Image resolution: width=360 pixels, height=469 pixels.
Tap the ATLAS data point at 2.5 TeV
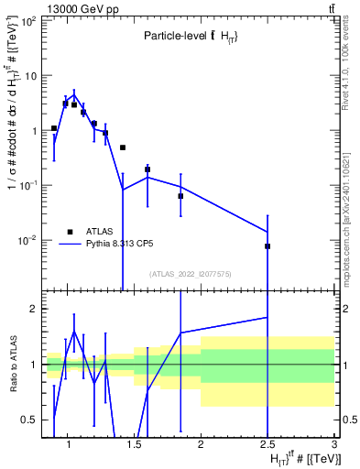pos(267,246)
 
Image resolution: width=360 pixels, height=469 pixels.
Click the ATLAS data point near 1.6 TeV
pos(147,169)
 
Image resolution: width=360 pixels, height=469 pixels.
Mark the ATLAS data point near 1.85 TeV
pos(180,196)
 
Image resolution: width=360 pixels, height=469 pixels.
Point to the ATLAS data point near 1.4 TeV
pos(123,147)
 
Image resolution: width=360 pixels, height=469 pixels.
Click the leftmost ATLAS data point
pos(54,128)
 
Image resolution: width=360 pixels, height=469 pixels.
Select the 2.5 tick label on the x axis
pos(267,445)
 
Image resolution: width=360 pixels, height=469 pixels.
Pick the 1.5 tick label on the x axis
pos(134,445)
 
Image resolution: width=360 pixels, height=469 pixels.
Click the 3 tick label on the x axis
pos(334,445)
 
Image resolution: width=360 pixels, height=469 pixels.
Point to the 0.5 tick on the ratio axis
pos(30,420)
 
